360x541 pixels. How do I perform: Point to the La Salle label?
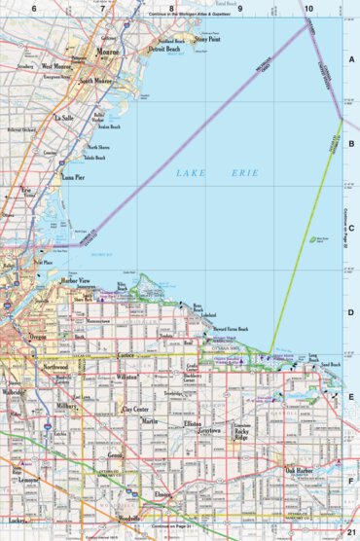click(x=65, y=117)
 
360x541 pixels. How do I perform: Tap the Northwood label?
click(x=62, y=367)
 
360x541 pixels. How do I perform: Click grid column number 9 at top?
click(x=239, y=9)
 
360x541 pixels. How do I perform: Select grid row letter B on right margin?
click(x=350, y=142)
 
